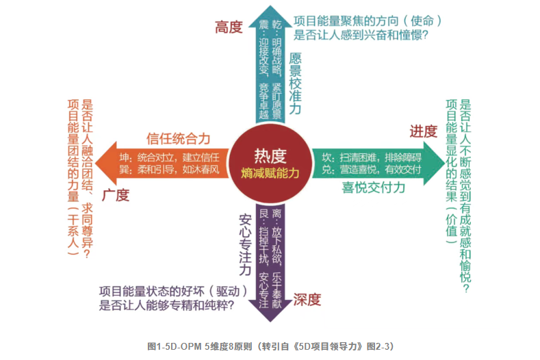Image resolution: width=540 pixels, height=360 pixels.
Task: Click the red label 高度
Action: [x=229, y=27]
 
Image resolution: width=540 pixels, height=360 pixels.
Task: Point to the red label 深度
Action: [x=307, y=299]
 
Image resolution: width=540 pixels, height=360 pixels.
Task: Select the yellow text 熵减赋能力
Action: [x=270, y=173]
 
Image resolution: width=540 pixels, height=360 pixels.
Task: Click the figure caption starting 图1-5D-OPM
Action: [x=270, y=346]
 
